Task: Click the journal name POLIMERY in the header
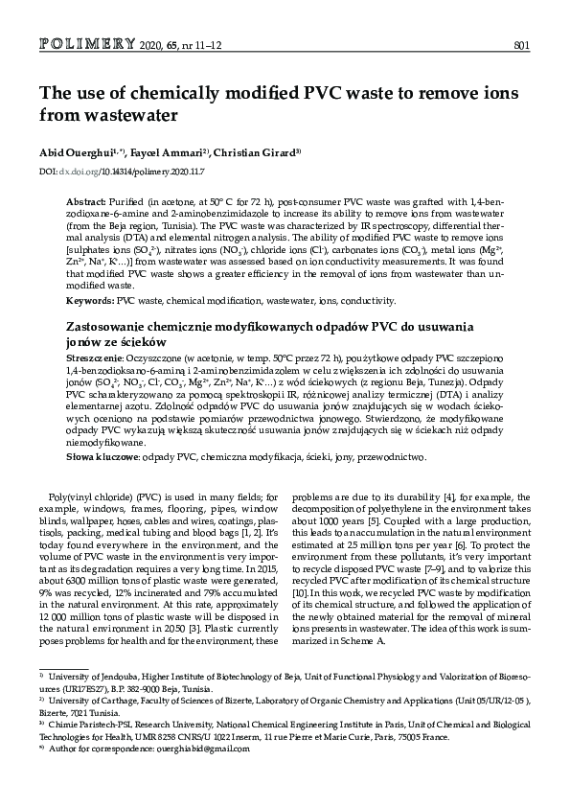click(x=87, y=45)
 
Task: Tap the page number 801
click(x=522, y=46)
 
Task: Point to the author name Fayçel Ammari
click(x=167, y=152)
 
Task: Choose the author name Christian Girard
click(x=258, y=152)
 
